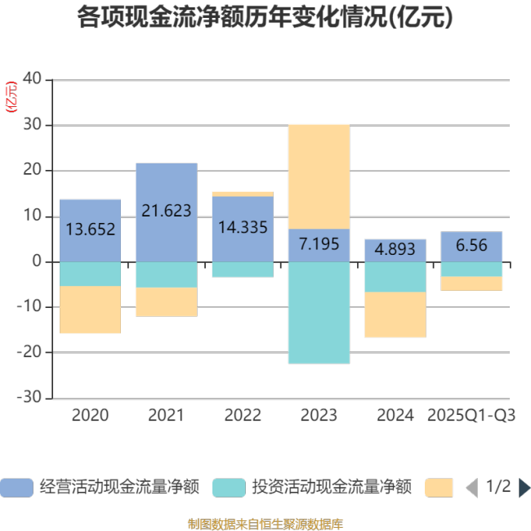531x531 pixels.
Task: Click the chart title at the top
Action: click(x=265, y=18)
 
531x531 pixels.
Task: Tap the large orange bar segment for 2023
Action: click(x=319, y=176)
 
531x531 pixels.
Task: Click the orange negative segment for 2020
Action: click(x=90, y=310)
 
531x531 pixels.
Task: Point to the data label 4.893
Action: click(x=395, y=250)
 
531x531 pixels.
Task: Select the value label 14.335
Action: click(x=242, y=228)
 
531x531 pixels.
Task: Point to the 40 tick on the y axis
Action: click(x=32, y=79)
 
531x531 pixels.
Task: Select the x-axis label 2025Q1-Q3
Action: click(x=471, y=416)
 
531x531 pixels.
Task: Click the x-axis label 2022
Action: click(x=242, y=416)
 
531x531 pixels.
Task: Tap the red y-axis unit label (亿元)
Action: click(x=11, y=97)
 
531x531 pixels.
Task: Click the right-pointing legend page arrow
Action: click(x=524, y=488)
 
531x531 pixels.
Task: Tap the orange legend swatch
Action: click(x=439, y=488)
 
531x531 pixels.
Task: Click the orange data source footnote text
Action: click(x=265, y=523)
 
